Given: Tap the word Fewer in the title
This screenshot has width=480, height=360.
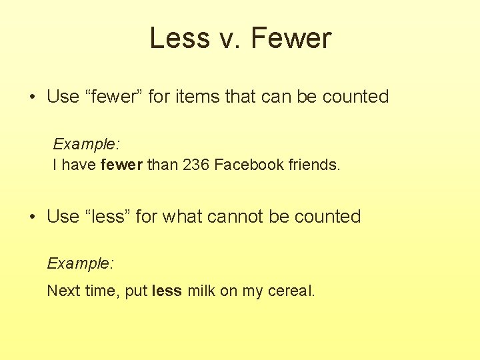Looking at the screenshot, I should (291, 38).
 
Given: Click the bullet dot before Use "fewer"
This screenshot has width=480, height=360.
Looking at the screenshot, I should (32, 97).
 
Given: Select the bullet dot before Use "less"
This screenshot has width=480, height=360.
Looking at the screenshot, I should (32, 217).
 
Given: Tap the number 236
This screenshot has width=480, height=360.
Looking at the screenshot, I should (194, 165).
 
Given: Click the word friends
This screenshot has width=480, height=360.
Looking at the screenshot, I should (314, 165).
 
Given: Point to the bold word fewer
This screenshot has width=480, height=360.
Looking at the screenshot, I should (121, 165).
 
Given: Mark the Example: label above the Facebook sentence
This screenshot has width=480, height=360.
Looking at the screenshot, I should (86, 144).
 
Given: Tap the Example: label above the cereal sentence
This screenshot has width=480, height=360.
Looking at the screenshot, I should (80, 263).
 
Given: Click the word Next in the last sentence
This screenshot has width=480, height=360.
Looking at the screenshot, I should (62, 291).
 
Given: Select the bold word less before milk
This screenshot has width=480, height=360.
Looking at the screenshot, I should (167, 291).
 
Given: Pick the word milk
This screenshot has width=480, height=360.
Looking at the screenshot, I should (201, 291).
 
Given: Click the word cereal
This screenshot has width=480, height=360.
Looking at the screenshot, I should (291, 291).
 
